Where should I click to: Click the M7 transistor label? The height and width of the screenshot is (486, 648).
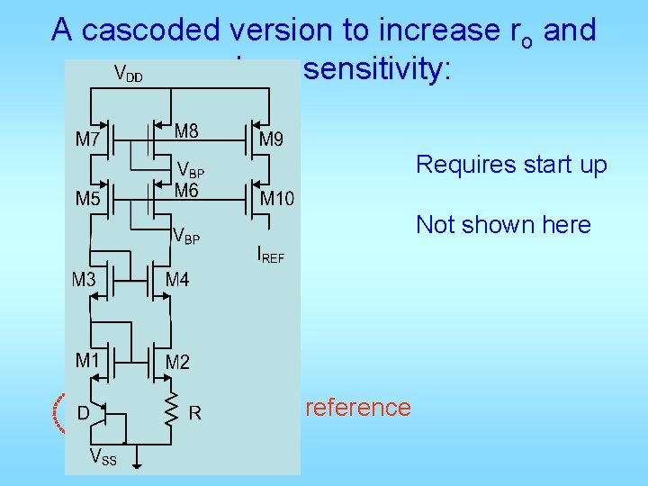coord(87,139)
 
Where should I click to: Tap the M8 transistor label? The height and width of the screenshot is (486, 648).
coord(187,131)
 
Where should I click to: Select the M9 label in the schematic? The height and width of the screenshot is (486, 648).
coord(271,139)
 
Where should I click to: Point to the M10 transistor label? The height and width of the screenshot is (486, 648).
coord(276,198)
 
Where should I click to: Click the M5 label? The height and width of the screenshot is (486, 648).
coord(87,199)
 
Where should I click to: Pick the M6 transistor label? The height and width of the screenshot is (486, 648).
coord(187,190)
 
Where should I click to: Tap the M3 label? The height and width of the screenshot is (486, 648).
coord(84,280)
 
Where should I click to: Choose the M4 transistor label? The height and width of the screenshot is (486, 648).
coord(177,280)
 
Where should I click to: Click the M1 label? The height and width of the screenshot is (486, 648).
coord(87,360)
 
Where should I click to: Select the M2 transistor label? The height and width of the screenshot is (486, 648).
coord(177,363)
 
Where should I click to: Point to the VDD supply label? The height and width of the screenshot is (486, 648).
coord(128,73)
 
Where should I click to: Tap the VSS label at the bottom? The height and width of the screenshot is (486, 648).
coord(103,459)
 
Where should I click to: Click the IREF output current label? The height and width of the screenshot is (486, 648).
coord(270,256)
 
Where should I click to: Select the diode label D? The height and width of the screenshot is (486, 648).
coord(82,413)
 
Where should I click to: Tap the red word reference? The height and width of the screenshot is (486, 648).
coord(358,407)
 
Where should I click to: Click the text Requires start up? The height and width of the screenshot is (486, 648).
coord(511,165)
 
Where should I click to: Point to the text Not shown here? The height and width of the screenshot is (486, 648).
coord(503,224)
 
